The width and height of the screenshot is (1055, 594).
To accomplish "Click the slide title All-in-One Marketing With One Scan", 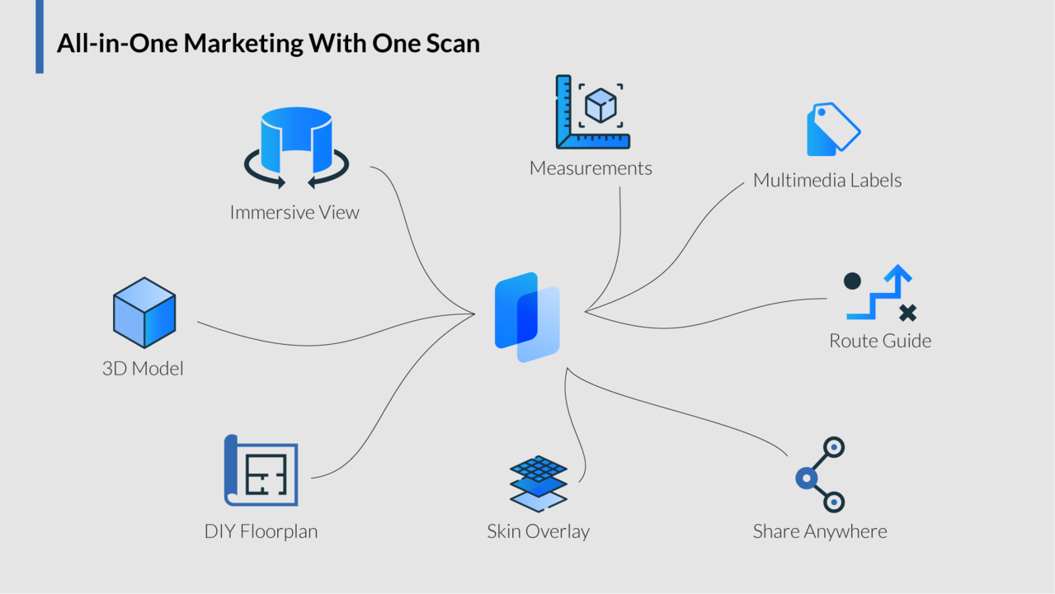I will [x=268, y=43].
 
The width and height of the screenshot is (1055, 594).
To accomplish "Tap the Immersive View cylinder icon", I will [x=296, y=147].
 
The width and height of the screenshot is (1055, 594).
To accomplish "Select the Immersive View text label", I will [x=294, y=212].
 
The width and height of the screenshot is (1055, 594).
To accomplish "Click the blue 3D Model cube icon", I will [x=144, y=313].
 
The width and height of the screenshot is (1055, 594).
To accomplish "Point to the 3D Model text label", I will [x=143, y=368].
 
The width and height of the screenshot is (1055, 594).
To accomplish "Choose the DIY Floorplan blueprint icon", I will [x=261, y=470].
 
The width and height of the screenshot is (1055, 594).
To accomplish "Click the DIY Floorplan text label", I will [x=261, y=531].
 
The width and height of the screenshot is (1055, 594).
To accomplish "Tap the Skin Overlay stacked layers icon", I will [x=539, y=483].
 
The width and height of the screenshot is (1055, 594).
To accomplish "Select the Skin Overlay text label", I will [x=538, y=531].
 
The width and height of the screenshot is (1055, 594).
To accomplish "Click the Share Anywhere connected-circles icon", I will [x=821, y=474].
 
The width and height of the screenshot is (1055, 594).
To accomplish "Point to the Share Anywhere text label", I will [x=820, y=531].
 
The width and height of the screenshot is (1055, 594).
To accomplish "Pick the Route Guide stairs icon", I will [x=880, y=294].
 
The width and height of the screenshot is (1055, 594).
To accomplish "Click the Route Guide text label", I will [x=880, y=341].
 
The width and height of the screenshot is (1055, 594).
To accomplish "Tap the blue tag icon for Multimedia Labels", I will [x=832, y=130].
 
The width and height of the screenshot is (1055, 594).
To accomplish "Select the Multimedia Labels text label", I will [x=827, y=180].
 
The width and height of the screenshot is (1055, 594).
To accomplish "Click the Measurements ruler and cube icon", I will [x=592, y=112].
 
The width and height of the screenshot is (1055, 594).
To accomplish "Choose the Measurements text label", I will [x=591, y=168].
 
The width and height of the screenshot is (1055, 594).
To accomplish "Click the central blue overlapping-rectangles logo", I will [x=527, y=317].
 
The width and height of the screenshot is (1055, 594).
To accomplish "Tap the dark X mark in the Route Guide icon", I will [x=907, y=313].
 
